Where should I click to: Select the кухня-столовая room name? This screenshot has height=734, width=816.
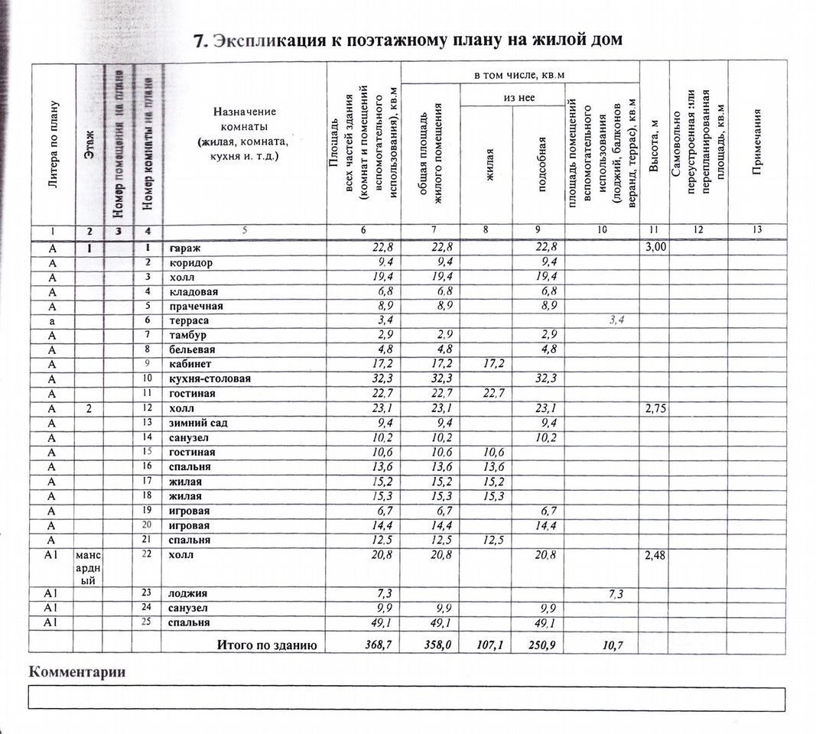210,378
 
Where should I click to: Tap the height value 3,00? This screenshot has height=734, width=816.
654,247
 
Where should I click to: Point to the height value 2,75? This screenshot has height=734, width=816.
654,408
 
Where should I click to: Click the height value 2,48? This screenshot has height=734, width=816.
654,555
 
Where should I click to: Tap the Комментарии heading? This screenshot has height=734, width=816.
76,672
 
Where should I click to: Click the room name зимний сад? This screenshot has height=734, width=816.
198,423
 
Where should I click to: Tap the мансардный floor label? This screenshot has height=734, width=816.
89,567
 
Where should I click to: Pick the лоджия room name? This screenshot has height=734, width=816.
188,593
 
